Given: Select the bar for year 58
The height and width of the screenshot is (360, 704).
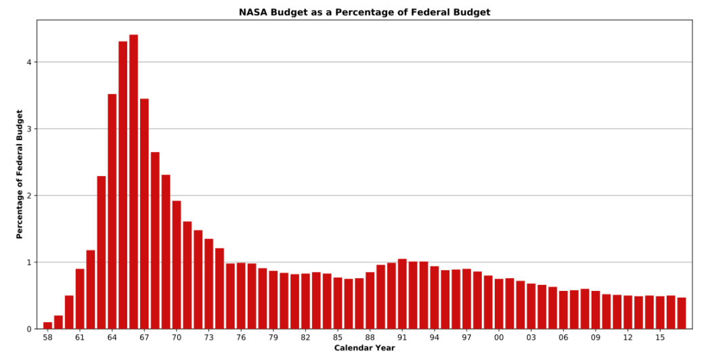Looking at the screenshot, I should [x=47, y=325].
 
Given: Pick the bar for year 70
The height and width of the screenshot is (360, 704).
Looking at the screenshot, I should [x=177, y=265].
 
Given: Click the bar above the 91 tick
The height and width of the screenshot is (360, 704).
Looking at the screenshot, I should [x=402, y=294].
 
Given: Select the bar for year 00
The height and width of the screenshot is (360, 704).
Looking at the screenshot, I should [x=499, y=304].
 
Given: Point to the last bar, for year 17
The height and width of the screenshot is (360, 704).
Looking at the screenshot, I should [x=682, y=313].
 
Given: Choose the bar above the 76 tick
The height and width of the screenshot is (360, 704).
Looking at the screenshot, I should [x=241, y=296].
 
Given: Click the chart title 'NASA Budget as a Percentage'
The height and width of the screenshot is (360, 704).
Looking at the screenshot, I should [x=364, y=12].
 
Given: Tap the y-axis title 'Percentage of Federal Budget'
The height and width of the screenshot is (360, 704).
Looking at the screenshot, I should [x=20, y=174].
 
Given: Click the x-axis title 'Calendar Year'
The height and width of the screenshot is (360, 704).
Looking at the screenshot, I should [x=364, y=348].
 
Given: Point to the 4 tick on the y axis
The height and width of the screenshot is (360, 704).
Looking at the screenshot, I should [x=29, y=62].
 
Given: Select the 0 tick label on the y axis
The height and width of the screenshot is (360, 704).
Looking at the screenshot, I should [x=29, y=329].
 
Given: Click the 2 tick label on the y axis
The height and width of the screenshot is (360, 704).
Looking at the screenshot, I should [x=29, y=196].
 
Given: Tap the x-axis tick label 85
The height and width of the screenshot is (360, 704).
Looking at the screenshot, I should [x=338, y=337].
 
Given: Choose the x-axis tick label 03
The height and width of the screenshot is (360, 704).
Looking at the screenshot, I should [x=531, y=337].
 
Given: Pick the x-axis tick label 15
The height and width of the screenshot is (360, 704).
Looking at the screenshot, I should [x=660, y=337].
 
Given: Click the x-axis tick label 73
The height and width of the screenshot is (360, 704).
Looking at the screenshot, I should [x=208, y=337].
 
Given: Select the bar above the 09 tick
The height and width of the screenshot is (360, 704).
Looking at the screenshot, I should [x=596, y=310].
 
